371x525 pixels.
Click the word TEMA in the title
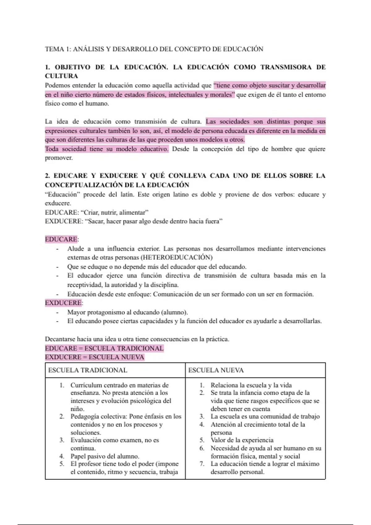[x=54, y=49]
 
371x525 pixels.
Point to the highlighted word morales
[x=222, y=95]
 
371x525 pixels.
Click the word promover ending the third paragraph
[x=59, y=158]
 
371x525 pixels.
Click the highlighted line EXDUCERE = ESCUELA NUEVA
[x=95, y=357]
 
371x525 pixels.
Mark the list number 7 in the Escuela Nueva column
[x=202, y=464]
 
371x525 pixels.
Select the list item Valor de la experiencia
[x=242, y=440]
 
